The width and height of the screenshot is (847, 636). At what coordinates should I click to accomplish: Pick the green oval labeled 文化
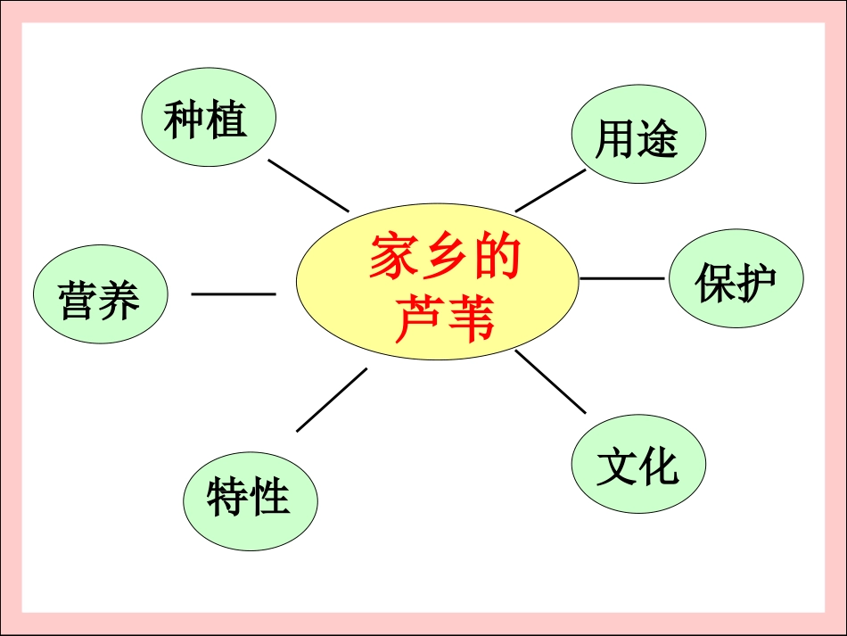pyautogui.click(x=637, y=465)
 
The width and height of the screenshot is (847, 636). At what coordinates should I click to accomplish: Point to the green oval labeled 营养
pyautogui.click(x=99, y=297)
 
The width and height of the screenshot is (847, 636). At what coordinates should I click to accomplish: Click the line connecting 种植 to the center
pyautogui.click(x=308, y=186)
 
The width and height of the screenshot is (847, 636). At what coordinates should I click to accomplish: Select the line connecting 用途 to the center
pyautogui.click(x=550, y=190)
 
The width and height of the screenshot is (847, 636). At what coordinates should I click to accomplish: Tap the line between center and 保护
pyautogui.click(x=621, y=278)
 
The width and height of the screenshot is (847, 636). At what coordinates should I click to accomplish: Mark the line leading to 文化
pyautogui.click(x=550, y=381)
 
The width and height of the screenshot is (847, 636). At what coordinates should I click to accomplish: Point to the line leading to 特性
pyautogui.click(x=332, y=400)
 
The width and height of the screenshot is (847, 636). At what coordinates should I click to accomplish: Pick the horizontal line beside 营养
pyautogui.click(x=234, y=293)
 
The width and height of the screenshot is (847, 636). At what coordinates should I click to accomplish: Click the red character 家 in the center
pyautogui.click(x=394, y=259)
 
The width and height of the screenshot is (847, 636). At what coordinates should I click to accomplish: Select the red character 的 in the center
pyautogui.click(x=496, y=259)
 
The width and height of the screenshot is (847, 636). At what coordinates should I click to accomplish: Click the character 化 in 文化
pyautogui.click(x=661, y=465)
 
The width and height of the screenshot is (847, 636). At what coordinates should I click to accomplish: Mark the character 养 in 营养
pyautogui.click(x=119, y=300)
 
